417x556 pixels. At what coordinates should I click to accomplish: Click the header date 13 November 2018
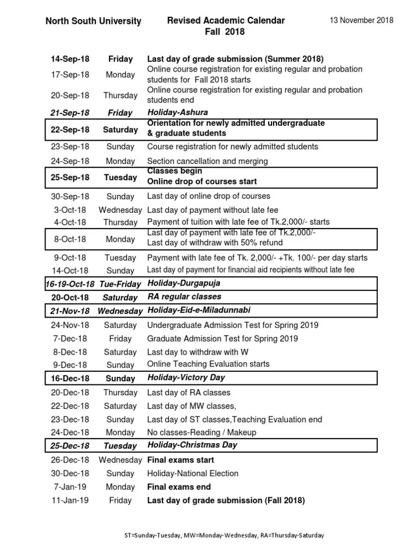[x=362, y=21]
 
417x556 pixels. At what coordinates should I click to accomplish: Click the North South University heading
[x=93, y=21]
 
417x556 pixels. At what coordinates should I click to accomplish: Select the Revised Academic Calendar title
[x=226, y=21]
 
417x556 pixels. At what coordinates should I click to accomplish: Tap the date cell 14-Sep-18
[x=70, y=59]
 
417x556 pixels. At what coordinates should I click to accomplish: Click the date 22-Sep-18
[x=70, y=130]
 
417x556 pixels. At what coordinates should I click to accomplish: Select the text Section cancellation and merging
[x=208, y=161]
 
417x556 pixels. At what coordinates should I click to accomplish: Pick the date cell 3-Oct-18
[x=70, y=210]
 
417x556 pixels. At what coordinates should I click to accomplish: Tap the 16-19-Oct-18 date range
[x=70, y=284]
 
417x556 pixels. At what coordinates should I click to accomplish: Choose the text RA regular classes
[x=185, y=297]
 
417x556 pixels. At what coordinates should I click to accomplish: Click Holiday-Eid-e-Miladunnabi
[x=199, y=311]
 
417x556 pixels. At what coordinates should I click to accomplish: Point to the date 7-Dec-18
[x=70, y=339]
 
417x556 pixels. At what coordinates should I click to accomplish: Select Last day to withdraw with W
[x=198, y=352]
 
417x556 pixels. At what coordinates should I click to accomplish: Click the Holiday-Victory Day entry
[x=186, y=378]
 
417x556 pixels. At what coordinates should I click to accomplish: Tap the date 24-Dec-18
[x=70, y=433]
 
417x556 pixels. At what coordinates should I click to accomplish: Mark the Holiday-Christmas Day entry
[x=193, y=445]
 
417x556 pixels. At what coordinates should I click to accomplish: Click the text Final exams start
[x=181, y=460]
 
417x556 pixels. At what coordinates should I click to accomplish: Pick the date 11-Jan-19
[x=70, y=501]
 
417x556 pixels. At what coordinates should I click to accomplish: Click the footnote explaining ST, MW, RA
[x=224, y=535]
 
